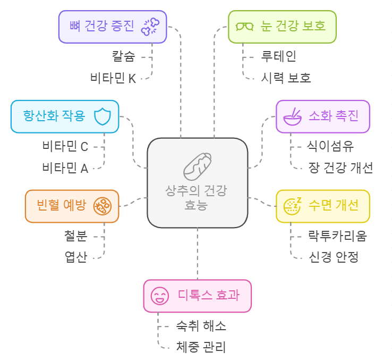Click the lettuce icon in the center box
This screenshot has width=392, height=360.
point(198,165)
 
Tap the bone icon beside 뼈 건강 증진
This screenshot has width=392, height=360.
point(150,26)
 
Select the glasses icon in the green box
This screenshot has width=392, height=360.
point(245,26)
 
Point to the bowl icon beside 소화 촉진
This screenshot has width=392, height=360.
point(293,116)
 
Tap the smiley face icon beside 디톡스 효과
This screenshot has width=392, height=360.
point(159,295)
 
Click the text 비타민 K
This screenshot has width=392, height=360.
point(113,78)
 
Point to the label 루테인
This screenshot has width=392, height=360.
point(279,55)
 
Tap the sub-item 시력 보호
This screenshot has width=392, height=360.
point(286,78)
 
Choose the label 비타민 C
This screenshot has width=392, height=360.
point(65,146)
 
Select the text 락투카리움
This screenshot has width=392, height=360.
point(337,235)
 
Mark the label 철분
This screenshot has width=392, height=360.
point(75,235)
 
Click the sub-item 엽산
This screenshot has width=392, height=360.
point(75,257)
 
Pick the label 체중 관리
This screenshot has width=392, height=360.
point(201,347)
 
